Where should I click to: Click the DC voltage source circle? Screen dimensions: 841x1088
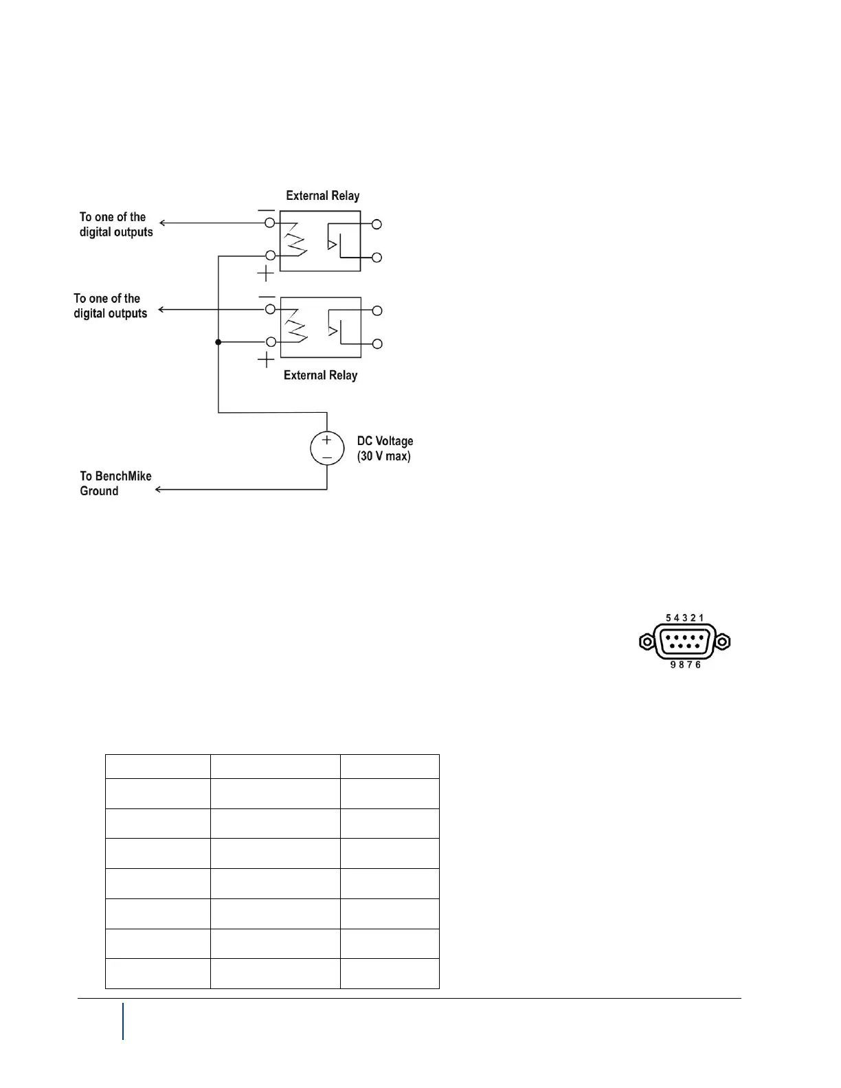(x=327, y=449)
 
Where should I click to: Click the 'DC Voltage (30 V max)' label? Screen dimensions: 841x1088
(x=385, y=449)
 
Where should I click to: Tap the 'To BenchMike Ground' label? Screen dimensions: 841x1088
(x=115, y=484)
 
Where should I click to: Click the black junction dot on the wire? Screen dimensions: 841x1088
(x=218, y=342)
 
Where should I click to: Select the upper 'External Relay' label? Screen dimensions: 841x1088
(x=323, y=196)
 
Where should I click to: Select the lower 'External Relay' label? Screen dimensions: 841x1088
(x=321, y=375)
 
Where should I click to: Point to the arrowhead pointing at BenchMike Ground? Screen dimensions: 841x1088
(x=159, y=490)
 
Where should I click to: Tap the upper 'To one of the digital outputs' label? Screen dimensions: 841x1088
(x=115, y=225)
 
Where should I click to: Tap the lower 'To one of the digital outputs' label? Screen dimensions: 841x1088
(x=111, y=306)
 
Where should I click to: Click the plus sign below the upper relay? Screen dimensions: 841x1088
(x=266, y=274)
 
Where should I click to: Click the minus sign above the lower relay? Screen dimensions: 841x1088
(x=267, y=297)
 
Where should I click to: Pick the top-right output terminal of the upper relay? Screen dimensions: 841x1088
(x=377, y=224)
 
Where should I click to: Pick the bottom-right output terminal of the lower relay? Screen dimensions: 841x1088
(x=377, y=343)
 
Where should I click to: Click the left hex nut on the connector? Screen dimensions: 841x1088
(x=647, y=642)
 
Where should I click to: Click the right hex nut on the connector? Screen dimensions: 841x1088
(x=722, y=642)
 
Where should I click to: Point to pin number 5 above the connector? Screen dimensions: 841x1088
(x=669, y=618)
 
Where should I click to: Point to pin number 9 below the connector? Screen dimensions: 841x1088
(x=673, y=665)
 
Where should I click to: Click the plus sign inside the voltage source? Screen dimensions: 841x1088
(x=327, y=440)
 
